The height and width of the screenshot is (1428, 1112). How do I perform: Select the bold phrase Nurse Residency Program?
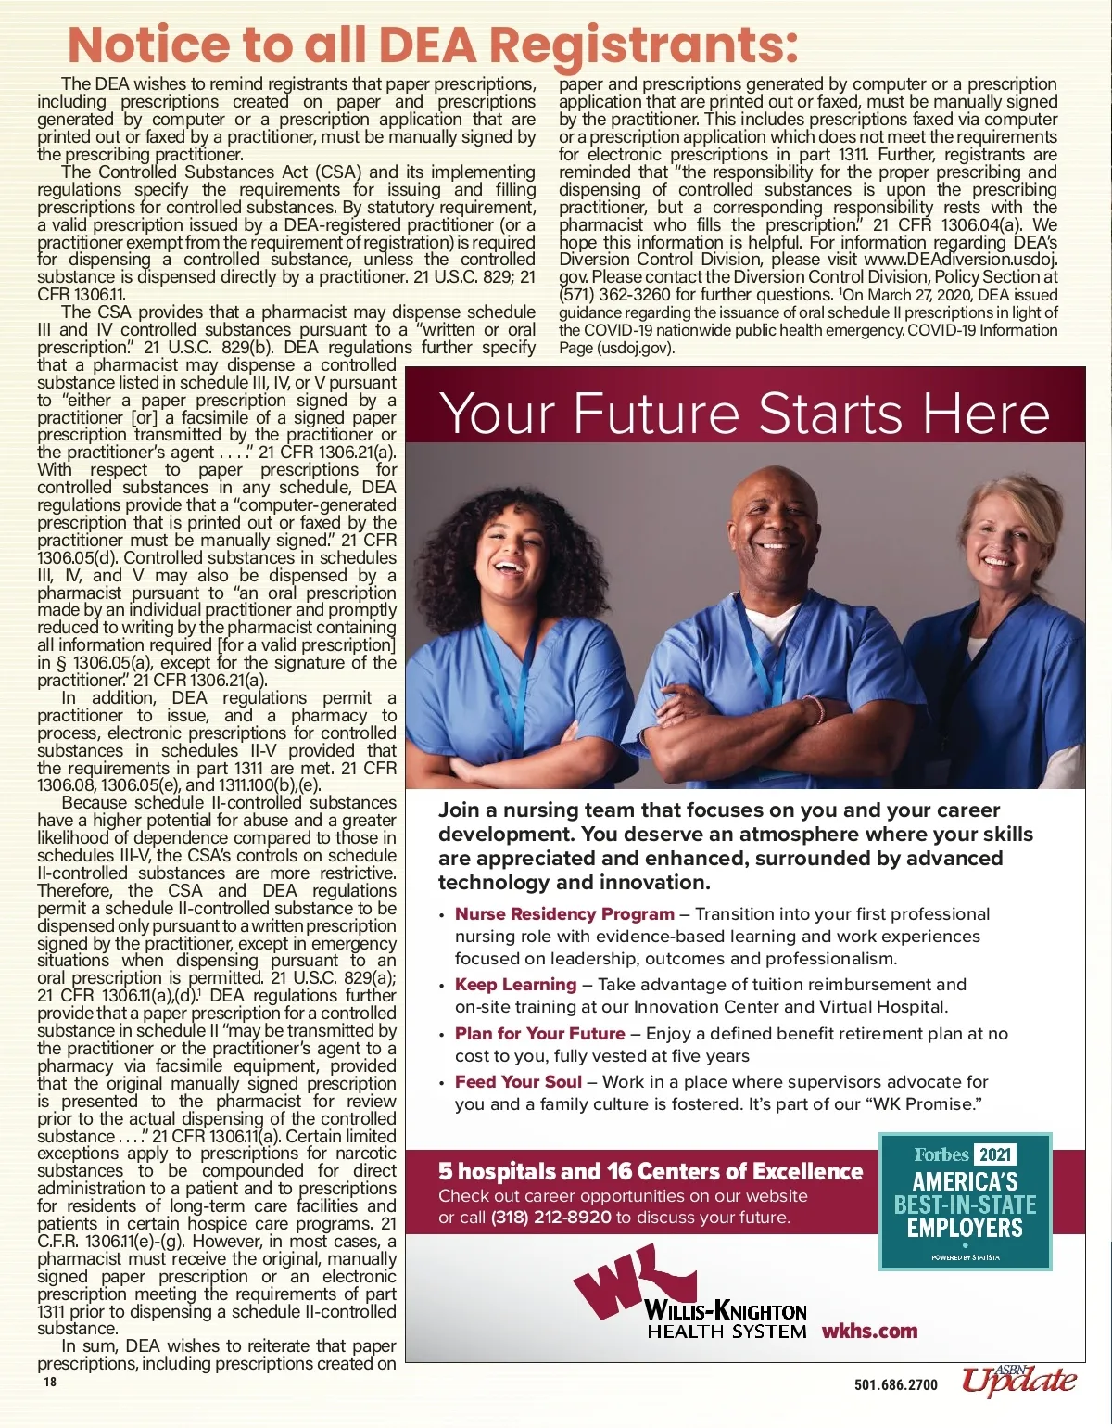[x=564, y=914]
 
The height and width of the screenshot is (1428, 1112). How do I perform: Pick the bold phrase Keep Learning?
[x=515, y=985]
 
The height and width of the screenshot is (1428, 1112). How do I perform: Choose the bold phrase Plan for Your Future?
[x=539, y=1034]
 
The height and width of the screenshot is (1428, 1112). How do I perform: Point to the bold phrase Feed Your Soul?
[x=518, y=1082]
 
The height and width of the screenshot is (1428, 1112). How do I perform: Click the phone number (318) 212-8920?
[x=550, y=1218]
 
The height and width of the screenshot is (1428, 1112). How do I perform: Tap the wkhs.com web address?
[x=869, y=1332]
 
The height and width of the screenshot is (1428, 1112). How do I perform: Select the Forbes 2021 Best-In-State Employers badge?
[x=965, y=1201]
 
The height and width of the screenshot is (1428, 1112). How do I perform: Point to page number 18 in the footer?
[x=49, y=1382]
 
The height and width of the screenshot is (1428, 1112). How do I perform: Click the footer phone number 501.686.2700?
[x=895, y=1385]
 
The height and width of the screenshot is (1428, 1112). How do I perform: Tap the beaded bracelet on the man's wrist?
[x=815, y=710]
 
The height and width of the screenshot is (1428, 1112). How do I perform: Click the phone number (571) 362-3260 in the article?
[x=615, y=295]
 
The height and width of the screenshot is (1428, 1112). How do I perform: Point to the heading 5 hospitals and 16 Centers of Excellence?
[x=650, y=1172]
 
